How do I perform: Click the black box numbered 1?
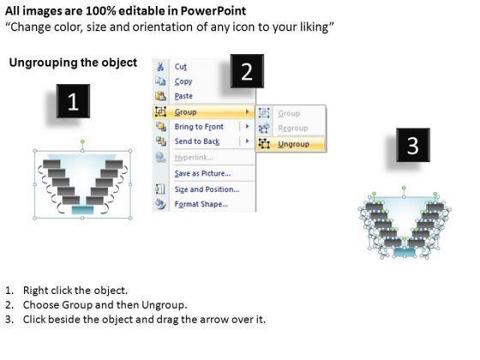pyautogui.click(x=73, y=101)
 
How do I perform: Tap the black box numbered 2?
pyautogui.click(x=247, y=71)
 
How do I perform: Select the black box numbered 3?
pyautogui.click(x=413, y=145)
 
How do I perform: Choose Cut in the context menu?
pyautogui.click(x=181, y=67)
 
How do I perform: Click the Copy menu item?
pyautogui.click(x=183, y=81)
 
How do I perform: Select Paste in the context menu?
pyautogui.click(x=183, y=96)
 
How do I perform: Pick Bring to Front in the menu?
pyautogui.click(x=199, y=127)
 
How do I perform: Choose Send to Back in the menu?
pyautogui.click(x=197, y=141)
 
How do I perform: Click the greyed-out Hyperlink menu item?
pyautogui.click(x=194, y=158)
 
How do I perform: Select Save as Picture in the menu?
pyautogui.click(x=202, y=173)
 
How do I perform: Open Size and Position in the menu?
pyautogui.click(x=207, y=189)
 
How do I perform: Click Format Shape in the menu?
pyautogui.click(x=201, y=204)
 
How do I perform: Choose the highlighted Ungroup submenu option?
pyautogui.click(x=293, y=144)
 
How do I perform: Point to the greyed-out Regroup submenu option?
pyautogui.click(x=292, y=129)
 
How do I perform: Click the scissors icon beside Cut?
pyautogui.click(x=160, y=67)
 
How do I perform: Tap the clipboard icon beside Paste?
pyautogui.click(x=161, y=96)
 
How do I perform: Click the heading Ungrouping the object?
pyautogui.click(x=73, y=63)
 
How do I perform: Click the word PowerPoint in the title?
pyautogui.click(x=213, y=11)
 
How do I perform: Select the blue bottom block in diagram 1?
pyautogui.click(x=82, y=210)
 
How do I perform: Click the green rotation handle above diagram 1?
pyautogui.click(x=82, y=141)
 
